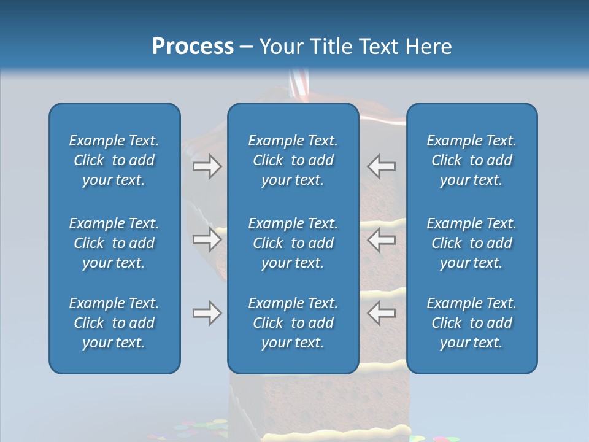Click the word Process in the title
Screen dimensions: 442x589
coord(193,47)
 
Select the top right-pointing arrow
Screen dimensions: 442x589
coord(207,166)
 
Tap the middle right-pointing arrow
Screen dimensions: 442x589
coord(207,239)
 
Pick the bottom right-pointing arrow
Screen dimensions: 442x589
coord(207,314)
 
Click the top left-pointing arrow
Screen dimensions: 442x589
coord(381,166)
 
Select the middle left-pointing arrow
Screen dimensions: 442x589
coord(381,239)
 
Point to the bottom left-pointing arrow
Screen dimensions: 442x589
coord(381,314)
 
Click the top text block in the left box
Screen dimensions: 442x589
coord(114,160)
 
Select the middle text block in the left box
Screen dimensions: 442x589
coord(114,243)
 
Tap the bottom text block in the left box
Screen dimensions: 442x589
coord(114,323)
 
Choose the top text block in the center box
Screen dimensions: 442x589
coord(293,160)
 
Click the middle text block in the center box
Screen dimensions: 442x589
coord(293,243)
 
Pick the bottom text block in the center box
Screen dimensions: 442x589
coord(293,323)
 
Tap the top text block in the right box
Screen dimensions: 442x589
coord(471,160)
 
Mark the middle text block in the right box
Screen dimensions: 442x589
coord(471,243)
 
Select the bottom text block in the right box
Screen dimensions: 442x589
coord(471,323)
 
